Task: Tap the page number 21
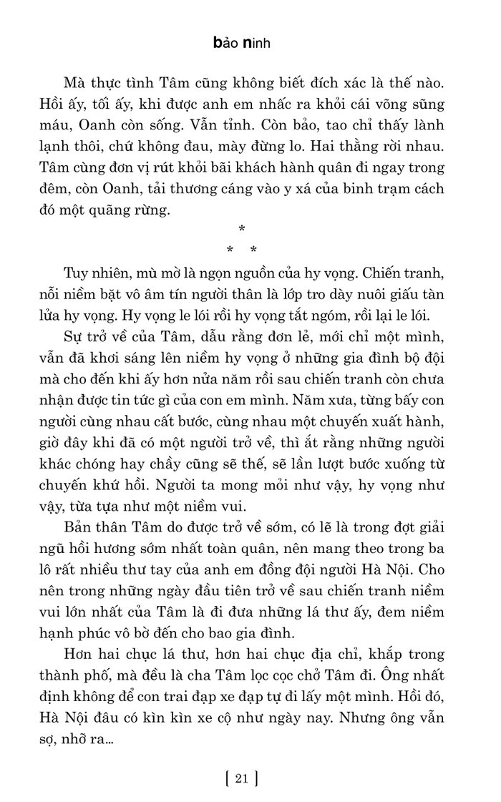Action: click(240, 778)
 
